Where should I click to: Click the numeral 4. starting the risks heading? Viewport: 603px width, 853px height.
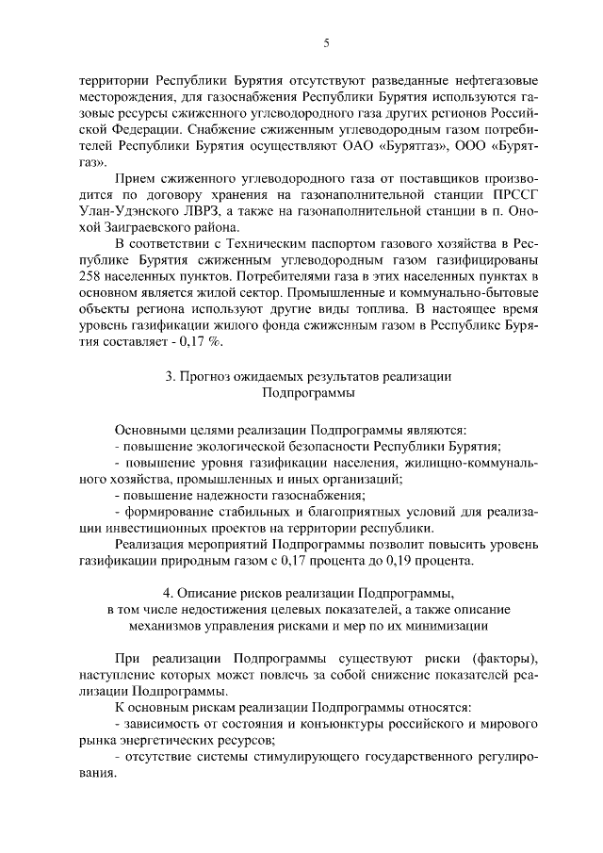168,594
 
